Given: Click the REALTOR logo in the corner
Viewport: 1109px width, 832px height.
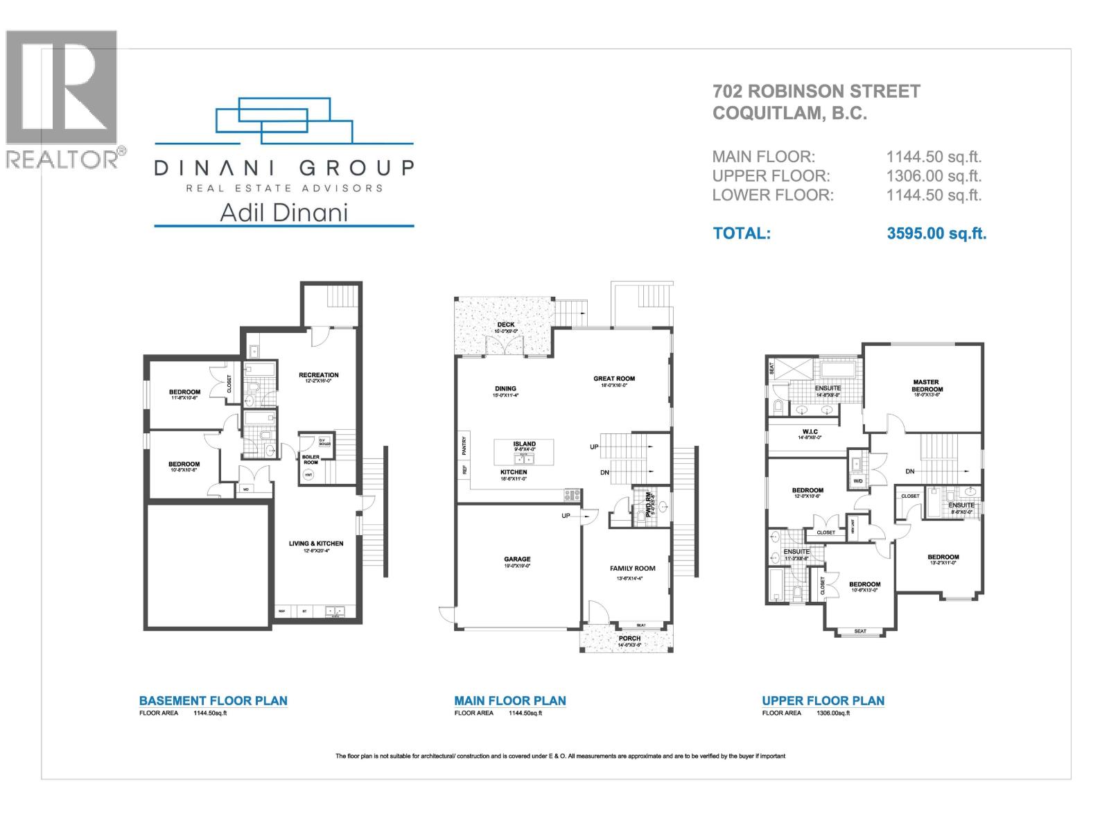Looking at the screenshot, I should point(62,97).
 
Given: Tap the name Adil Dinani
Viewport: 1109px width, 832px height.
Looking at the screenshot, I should point(283,212).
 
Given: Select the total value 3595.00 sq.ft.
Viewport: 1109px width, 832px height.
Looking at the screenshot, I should point(936,233).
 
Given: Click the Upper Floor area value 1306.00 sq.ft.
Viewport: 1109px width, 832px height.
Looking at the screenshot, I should point(934,176).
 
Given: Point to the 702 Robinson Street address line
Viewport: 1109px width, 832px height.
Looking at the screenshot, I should point(817,92).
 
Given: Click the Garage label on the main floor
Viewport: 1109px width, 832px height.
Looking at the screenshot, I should point(517,559).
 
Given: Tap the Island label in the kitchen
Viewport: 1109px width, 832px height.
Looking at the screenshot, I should point(524,444).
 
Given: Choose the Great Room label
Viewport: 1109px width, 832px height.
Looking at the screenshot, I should point(614,379).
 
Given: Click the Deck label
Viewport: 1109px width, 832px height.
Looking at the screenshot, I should point(506,324).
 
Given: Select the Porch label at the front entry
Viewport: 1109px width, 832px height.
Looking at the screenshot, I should point(629,638).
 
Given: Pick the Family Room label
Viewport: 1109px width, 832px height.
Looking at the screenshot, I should point(632,568).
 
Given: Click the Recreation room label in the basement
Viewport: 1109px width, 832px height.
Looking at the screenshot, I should point(319,375).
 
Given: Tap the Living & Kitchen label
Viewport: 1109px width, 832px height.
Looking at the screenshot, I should point(316,544).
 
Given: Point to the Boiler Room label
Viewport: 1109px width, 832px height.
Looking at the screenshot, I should point(311,459).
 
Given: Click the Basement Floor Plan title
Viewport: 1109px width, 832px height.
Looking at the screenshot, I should point(213,700).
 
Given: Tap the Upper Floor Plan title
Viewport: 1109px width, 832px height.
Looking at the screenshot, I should point(823,700).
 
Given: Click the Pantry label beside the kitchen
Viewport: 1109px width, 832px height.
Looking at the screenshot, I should point(464,445).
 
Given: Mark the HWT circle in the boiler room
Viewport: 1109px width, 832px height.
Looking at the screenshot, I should point(308,475).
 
